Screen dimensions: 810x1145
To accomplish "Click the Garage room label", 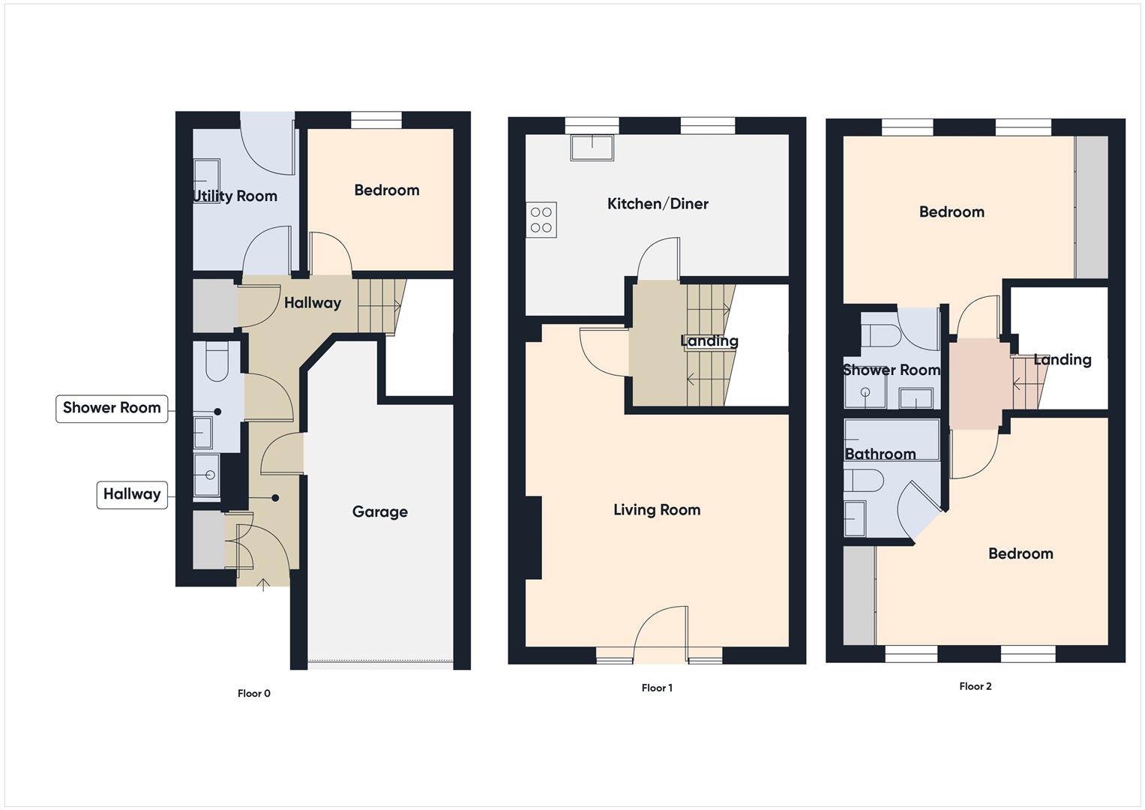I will pyautogui.click(x=379, y=512).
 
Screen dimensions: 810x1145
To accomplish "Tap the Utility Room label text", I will pyautogui.click(x=235, y=196).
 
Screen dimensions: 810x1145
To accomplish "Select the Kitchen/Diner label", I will pyautogui.click(x=658, y=204).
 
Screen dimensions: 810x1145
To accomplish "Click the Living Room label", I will pyautogui.click(x=657, y=510).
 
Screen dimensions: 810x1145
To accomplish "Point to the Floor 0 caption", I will pyautogui.click(x=253, y=694).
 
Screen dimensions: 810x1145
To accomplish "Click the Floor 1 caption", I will pyautogui.click(x=657, y=688).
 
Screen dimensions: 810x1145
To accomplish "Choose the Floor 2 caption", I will pyautogui.click(x=975, y=687).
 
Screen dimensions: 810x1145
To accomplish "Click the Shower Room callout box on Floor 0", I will pyautogui.click(x=112, y=409).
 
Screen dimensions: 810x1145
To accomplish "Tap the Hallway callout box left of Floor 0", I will pyautogui.click(x=132, y=495).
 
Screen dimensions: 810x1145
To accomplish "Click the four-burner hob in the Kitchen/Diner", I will pyautogui.click(x=541, y=220).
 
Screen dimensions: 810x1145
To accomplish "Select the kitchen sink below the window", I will pyautogui.click(x=592, y=147).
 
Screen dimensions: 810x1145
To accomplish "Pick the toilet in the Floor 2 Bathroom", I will pyautogui.click(x=864, y=481).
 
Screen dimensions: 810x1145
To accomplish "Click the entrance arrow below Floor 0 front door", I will pyautogui.click(x=263, y=584).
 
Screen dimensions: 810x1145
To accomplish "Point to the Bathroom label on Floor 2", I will pyautogui.click(x=880, y=454).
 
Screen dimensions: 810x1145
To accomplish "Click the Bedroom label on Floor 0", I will pyautogui.click(x=386, y=190).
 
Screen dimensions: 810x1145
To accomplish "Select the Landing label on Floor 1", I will pyautogui.click(x=709, y=341).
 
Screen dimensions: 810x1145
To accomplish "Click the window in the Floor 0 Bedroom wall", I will pyautogui.click(x=376, y=120).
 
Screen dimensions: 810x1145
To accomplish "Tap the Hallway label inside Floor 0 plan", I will pyautogui.click(x=313, y=303).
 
